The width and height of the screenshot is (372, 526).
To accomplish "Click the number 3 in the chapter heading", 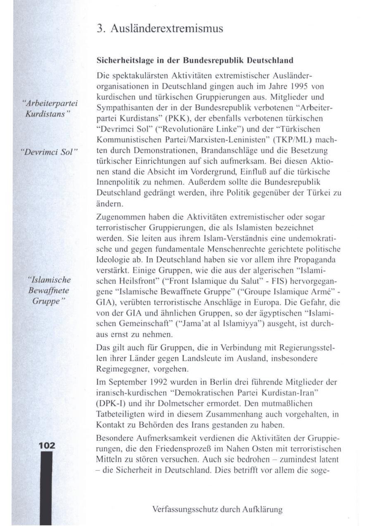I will [x=99, y=29].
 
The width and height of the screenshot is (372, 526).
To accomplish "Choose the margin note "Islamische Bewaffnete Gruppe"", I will [x=52, y=289].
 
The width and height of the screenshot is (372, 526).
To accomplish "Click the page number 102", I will [x=47, y=445].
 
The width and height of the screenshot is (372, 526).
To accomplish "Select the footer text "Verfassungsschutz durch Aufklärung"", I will [x=217, y=509].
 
